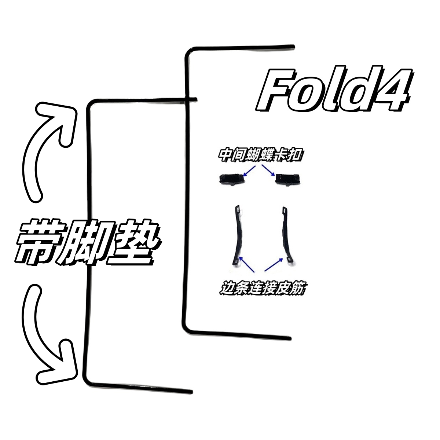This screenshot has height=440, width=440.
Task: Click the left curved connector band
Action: tap(236, 235)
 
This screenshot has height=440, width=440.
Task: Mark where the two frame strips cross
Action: tap(189, 98)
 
